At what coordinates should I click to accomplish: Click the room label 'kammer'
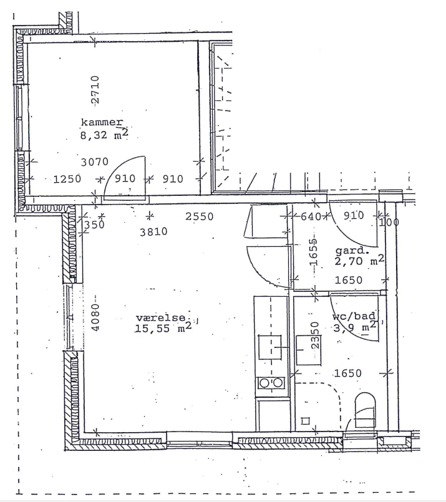point(102,122)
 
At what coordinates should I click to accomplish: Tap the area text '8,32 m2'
point(104,135)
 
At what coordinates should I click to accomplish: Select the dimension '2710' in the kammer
point(95,90)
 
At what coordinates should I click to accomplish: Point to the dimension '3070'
point(94,162)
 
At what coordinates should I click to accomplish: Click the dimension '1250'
point(67,179)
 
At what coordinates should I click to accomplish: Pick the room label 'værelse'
point(161,317)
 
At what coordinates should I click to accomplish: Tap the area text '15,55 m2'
point(163,328)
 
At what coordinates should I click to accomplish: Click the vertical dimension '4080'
point(95,317)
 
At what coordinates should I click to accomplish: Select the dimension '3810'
point(153,232)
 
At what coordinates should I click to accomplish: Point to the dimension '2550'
point(199,217)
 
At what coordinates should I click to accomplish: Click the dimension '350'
point(94,224)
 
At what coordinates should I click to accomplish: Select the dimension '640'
point(311,217)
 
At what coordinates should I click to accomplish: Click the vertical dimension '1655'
point(314,252)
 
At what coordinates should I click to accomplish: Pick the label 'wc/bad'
point(354,316)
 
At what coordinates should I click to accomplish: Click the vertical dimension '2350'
point(315,335)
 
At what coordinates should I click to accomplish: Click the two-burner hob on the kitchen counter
point(271,383)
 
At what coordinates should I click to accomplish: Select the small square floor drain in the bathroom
point(306,421)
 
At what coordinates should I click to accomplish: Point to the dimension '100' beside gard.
point(389,222)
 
